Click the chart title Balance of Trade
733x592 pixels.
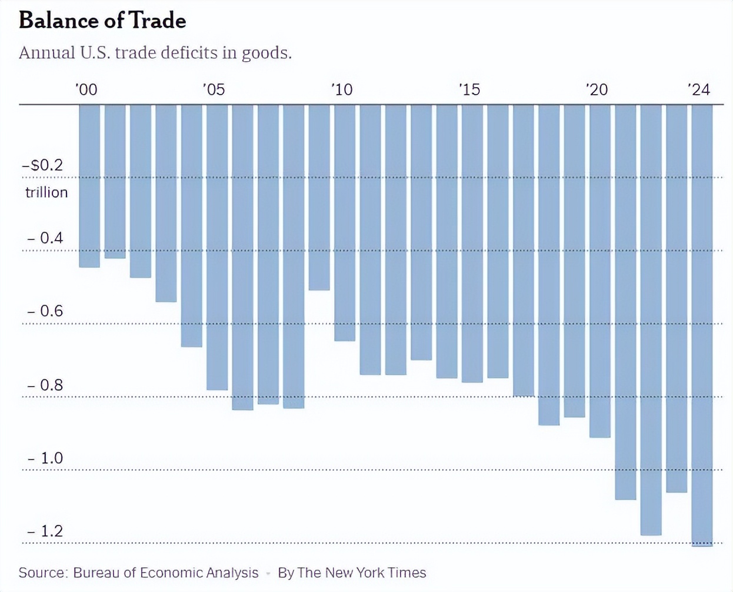tap(102, 21)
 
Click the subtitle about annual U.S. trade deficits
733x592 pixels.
tap(155, 53)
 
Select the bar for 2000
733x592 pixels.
tap(89, 186)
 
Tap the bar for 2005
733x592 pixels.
tap(217, 247)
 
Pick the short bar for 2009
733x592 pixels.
tap(319, 197)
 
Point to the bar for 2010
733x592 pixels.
tap(345, 222)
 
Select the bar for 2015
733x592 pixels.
tap(472, 243)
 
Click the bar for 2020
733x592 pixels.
tap(600, 271)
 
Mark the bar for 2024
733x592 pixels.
tap(702, 325)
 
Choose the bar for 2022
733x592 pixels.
tap(651, 320)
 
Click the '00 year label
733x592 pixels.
tap(86, 89)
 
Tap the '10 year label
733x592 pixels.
tap(341, 89)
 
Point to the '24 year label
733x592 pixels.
tap(699, 89)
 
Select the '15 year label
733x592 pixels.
tap(469, 89)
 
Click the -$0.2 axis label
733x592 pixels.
tap(42, 165)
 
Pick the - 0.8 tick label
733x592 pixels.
tap(45, 385)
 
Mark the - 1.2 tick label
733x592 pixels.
tap(45, 531)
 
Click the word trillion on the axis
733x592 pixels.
tap(46, 192)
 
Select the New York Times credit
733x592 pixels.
tap(352, 573)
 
